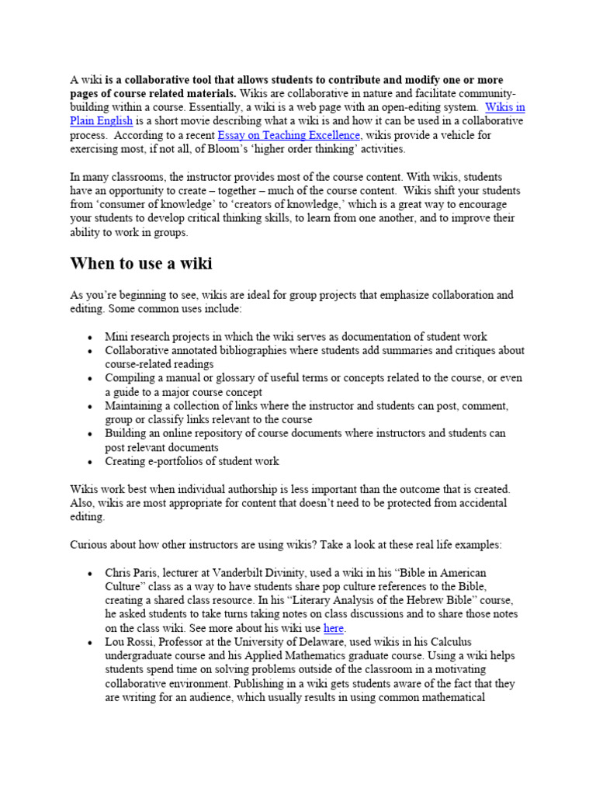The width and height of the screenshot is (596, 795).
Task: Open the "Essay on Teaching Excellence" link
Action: coord(289,135)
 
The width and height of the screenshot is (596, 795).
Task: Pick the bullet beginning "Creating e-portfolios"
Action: coord(192,461)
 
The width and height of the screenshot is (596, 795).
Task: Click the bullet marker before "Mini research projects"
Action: coord(91,337)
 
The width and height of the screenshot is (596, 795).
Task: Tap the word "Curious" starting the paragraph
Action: coord(90,545)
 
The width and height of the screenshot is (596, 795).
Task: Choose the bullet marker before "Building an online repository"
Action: coord(91,434)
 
